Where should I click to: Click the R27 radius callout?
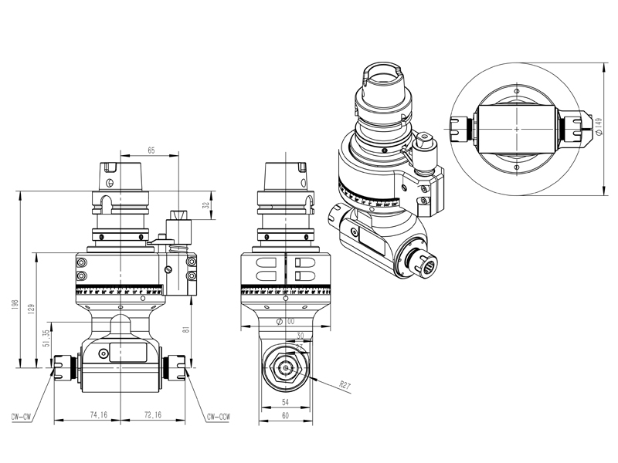click(345, 384)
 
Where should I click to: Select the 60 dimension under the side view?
click(286, 416)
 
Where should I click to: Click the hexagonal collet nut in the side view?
click(286, 369)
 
